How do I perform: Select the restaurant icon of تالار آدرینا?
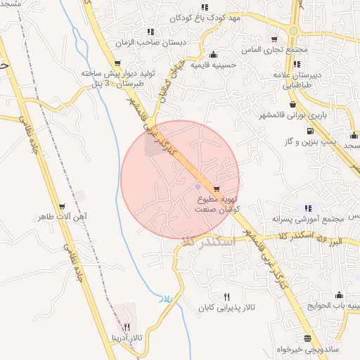click(127, 327)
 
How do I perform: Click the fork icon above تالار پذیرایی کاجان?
click(226, 297)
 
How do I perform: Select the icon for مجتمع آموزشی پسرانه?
click(307, 208)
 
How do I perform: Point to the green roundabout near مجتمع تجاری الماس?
click(292, 32)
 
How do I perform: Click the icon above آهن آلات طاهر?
click(63, 207)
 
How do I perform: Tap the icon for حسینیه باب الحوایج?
click(340, 295)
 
